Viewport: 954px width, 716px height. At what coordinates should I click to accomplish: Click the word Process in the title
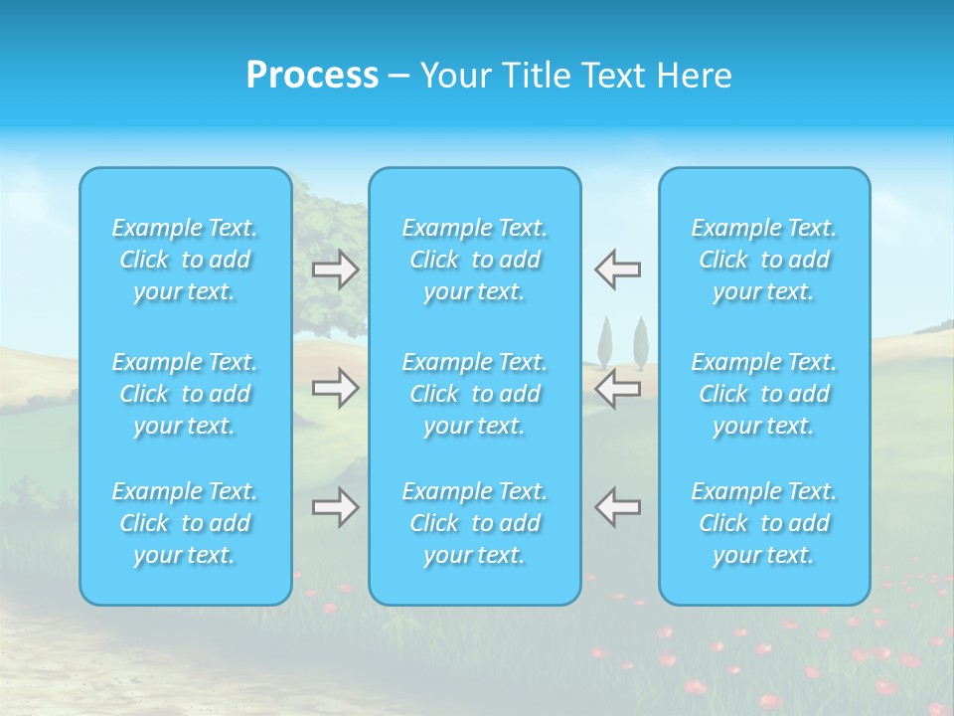(x=312, y=76)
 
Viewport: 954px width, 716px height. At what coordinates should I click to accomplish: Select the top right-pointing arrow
(x=335, y=269)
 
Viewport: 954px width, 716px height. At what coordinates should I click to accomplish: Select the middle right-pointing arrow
(x=335, y=388)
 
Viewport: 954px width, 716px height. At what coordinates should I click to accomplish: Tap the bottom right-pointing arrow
(x=335, y=507)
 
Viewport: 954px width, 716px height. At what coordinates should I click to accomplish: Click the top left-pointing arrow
(x=618, y=269)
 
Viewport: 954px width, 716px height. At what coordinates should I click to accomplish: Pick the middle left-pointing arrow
(x=618, y=388)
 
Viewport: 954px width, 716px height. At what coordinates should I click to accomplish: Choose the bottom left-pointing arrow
(x=618, y=507)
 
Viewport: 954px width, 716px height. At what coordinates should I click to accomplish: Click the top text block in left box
(x=185, y=260)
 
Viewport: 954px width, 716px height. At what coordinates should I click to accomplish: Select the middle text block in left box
(x=185, y=394)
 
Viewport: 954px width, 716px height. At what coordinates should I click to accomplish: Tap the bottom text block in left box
(x=185, y=523)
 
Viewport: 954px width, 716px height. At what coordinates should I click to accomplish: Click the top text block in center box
(x=475, y=260)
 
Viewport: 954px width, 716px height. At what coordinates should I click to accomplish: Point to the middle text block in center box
(x=475, y=394)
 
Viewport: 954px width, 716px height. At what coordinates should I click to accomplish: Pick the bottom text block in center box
(x=475, y=523)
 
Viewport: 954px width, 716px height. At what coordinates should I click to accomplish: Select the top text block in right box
(x=764, y=260)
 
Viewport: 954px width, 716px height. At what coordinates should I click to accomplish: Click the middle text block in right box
(x=764, y=394)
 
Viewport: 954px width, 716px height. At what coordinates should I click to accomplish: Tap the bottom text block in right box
(x=764, y=523)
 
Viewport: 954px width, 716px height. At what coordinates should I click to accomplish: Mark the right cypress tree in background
(x=641, y=344)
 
